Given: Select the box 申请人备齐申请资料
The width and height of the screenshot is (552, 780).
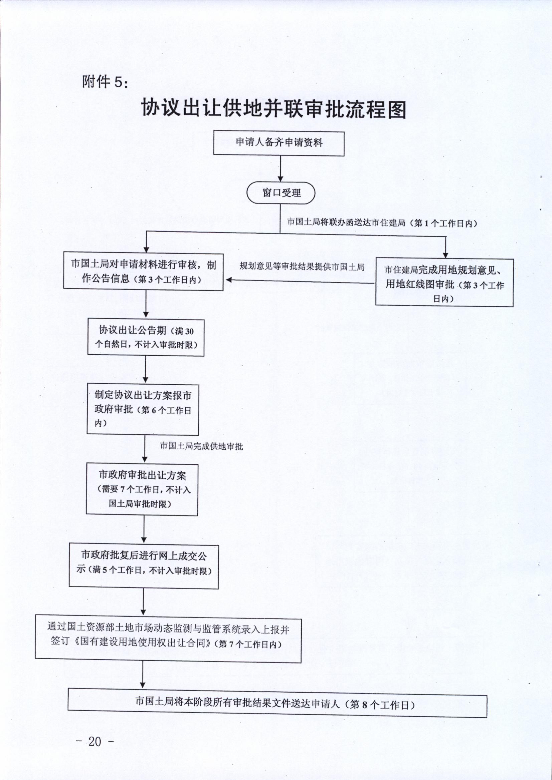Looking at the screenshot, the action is [x=279, y=143].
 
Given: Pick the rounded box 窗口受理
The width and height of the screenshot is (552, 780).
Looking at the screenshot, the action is [x=281, y=192].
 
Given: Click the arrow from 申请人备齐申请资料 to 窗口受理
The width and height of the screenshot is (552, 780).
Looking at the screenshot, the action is [x=281, y=169].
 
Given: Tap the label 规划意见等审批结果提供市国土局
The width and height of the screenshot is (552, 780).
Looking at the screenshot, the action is [x=302, y=266].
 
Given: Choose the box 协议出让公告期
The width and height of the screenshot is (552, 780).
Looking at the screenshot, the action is [x=146, y=338].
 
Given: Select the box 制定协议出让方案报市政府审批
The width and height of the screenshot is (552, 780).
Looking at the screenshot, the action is [x=143, y=409].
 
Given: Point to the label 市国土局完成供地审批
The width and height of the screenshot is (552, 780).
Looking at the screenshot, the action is [x=202, y=446].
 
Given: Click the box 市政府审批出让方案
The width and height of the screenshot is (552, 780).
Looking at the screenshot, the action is [x=142, y=489].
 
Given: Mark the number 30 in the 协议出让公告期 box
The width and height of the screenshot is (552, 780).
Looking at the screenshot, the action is [x=189, y=332].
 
